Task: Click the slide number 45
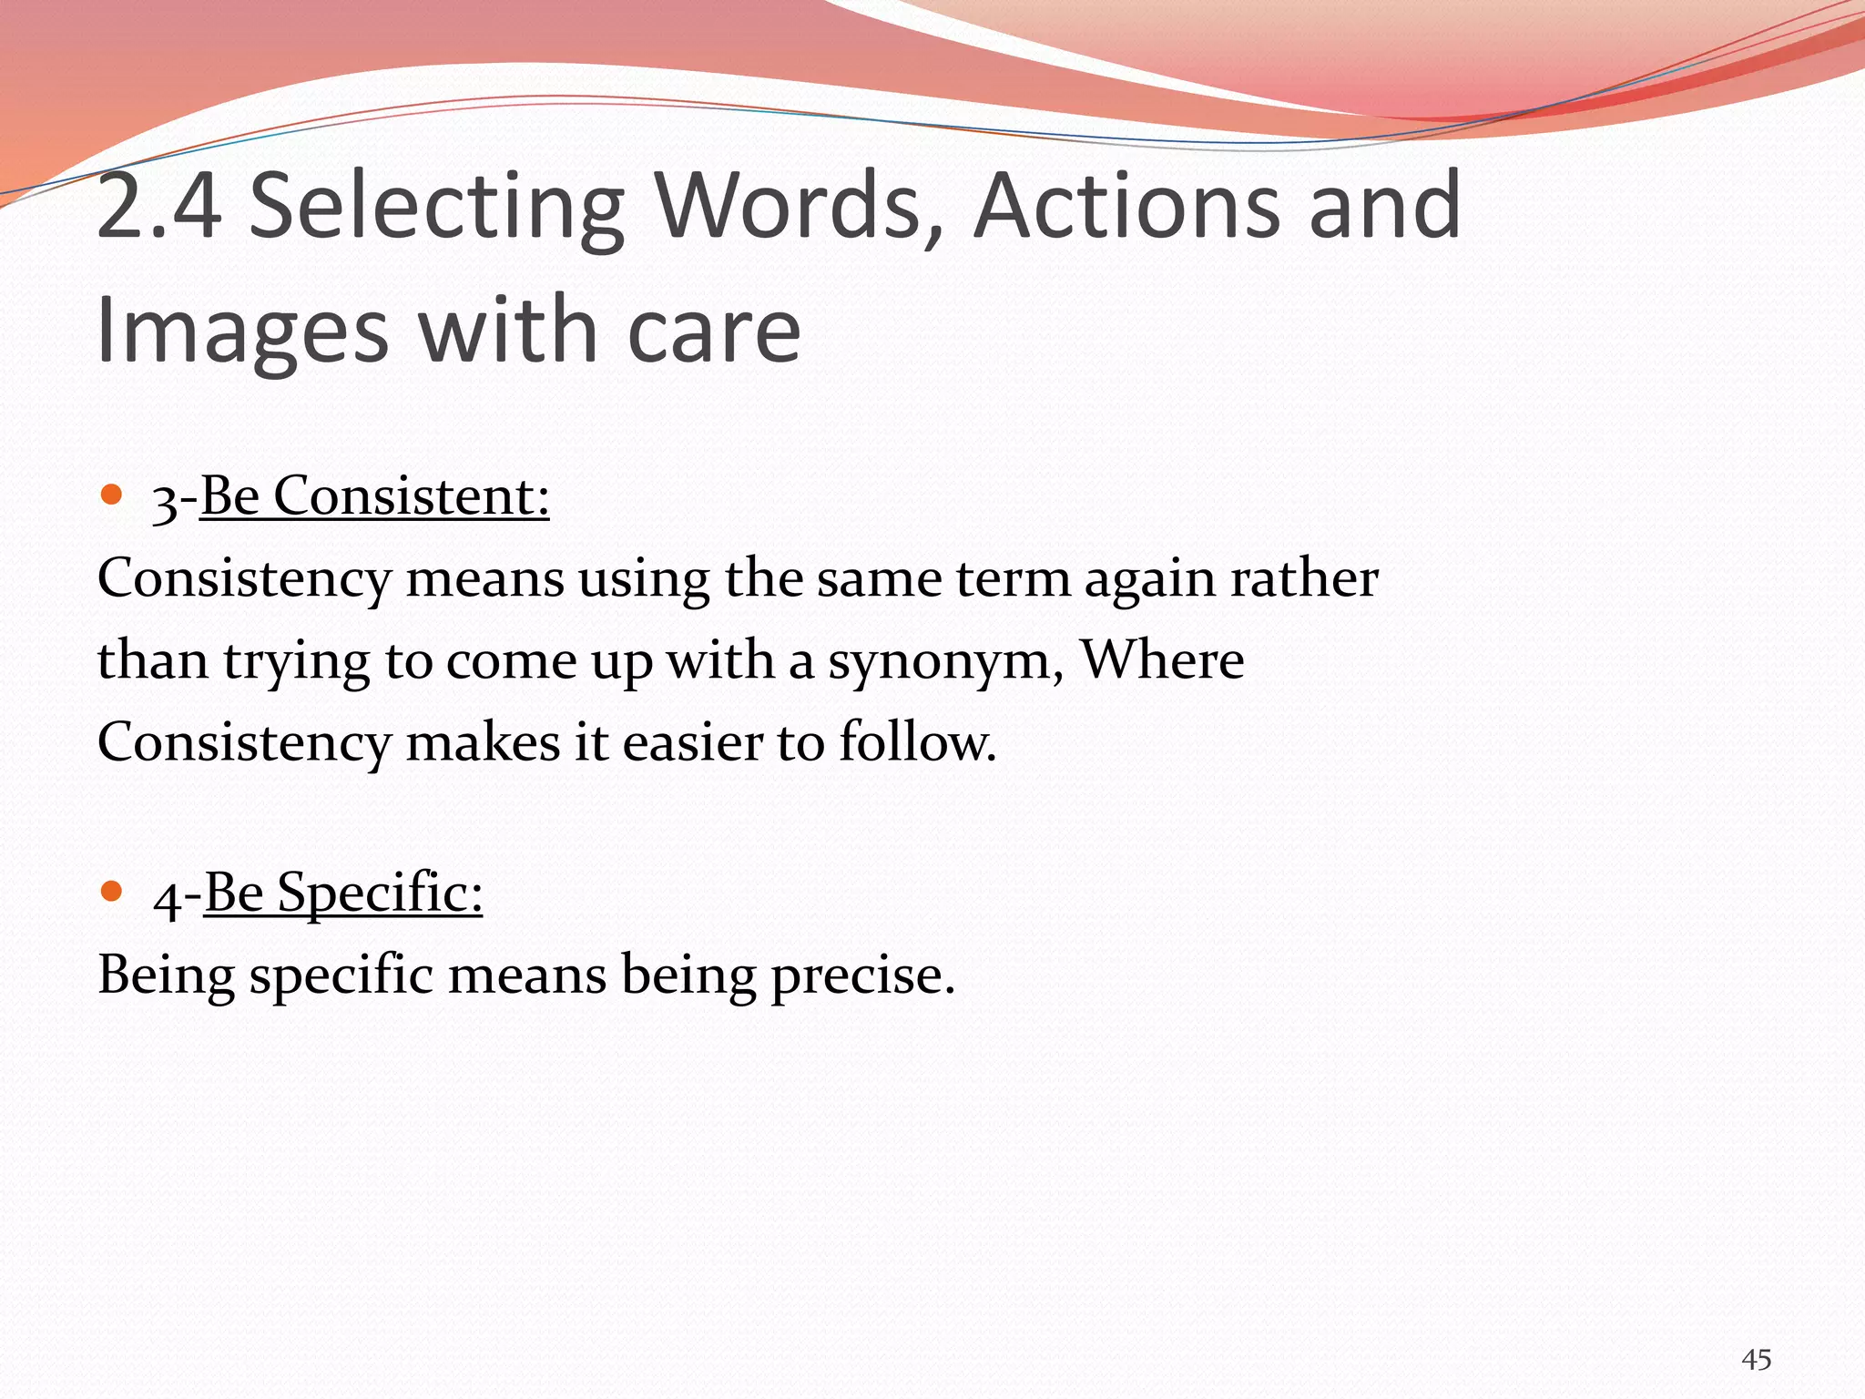1756,1360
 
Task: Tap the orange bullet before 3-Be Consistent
111,495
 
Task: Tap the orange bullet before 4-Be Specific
111,891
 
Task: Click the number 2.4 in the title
159,207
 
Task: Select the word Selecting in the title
436,207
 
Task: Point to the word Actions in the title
1126,207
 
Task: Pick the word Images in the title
242,332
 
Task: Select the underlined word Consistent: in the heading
412,497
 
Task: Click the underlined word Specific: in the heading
380,893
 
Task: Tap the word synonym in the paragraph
944,660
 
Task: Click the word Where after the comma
1162,660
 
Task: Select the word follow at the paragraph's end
915,742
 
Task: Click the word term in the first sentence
1012,578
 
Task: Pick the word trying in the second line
297,660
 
